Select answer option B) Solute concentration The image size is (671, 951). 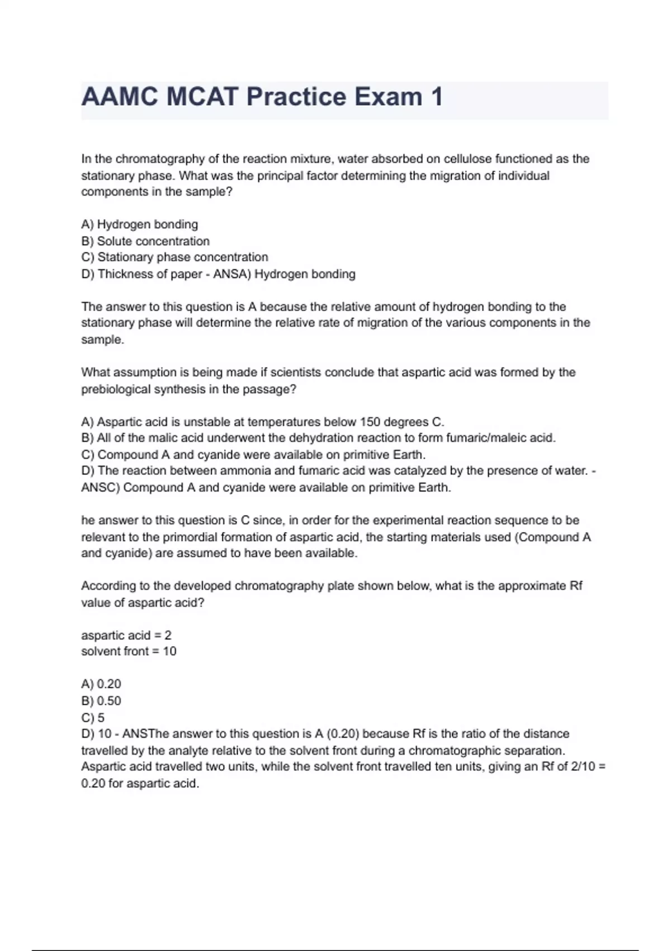(x=145, y=241)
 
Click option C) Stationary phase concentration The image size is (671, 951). (x=174, y=257)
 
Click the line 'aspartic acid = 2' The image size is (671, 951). (x=126, y=635)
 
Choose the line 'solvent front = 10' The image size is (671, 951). (x=129, y=652)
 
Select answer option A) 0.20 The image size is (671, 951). (x=101, y=684)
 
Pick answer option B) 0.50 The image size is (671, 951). (x=101, y=701)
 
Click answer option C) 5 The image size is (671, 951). (x=93, y=717)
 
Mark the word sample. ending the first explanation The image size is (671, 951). (x=103, y=340)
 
